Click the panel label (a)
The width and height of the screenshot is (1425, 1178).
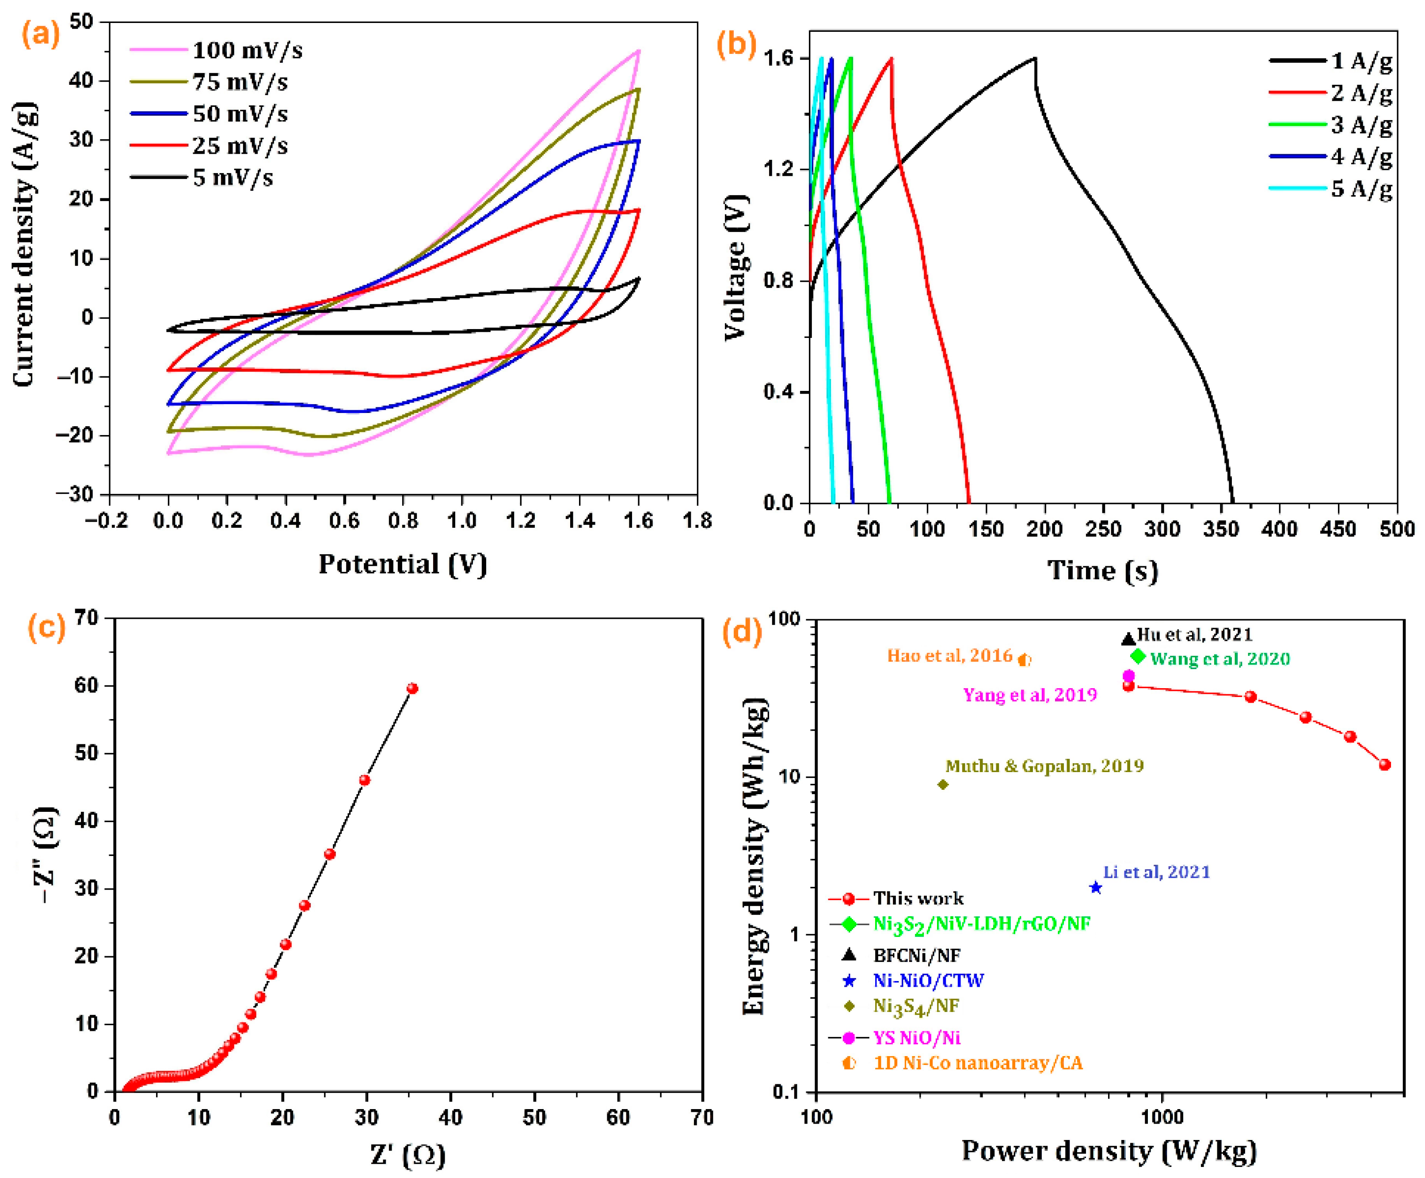tap(41, 34)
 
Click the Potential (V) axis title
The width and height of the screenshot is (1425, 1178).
tap(403, 564)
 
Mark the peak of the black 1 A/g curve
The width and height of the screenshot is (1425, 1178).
tap(1035, 58)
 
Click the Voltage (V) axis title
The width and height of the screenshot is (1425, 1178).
tap(735, 268)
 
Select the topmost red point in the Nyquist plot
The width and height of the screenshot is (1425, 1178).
tap(412, 688)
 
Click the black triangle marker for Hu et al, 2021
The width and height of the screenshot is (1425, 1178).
tap(1128, 639)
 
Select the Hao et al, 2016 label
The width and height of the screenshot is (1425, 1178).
tap(949, 656)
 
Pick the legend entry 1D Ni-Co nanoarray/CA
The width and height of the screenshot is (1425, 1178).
tap(977, 1063)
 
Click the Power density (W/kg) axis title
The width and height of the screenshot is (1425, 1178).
tap(1109, 1151)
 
